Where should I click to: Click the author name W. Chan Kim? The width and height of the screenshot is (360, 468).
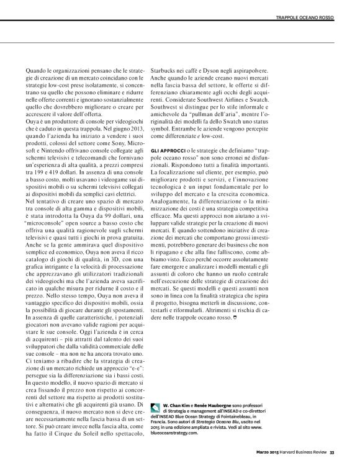176,405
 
